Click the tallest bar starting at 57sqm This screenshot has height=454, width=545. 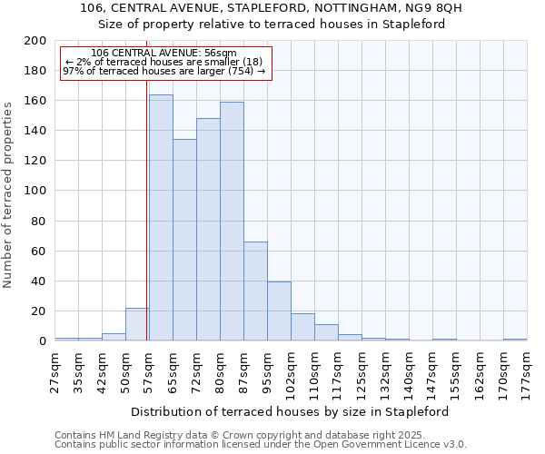(161, 218)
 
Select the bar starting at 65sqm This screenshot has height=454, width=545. (184, 241)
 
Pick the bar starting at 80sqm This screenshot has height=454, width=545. (232, 222)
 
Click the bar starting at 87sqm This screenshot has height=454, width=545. (255, 291)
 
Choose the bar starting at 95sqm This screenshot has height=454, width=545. (279, 311)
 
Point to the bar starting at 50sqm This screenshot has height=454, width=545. (137, 324)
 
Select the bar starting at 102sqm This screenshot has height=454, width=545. (302, 327)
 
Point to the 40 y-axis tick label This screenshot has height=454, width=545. (39, 281)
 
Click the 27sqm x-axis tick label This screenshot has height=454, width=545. (55, 370)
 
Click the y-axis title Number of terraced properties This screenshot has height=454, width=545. (9, 194)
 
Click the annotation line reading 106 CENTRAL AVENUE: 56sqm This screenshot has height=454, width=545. (164, 54)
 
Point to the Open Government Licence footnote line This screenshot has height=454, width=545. (260, 445)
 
